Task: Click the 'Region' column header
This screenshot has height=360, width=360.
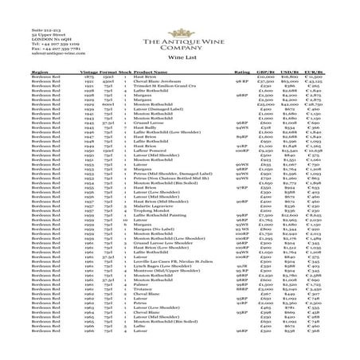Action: coord(18,71)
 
